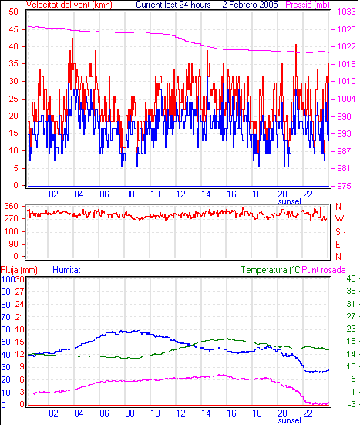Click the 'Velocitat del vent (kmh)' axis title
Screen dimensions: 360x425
(x=69, y=5)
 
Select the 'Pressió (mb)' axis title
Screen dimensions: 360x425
(x=308, y=5)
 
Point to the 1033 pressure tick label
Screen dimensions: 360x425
(x=346, y=12)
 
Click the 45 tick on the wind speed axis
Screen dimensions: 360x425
(x=13, y=29)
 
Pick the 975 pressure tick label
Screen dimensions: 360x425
(x=344, y=186)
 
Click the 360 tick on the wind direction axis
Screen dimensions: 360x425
(x=12, y=206)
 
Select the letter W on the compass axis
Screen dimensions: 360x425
(x=339, y=219)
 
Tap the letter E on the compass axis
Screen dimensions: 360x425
(x=338, y=245)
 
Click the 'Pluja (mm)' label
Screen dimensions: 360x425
(x=19, y=270)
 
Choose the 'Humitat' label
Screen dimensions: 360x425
(x=66, y=270)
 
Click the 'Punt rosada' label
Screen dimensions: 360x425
(x=324, y=270)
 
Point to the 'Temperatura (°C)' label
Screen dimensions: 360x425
(x=271, y=270)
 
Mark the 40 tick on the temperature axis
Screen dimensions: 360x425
(x=351, y=278)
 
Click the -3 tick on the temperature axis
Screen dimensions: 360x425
(x=352, y=404)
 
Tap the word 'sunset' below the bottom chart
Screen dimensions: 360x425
(x=290, y=420)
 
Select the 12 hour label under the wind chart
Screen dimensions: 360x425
(x=180, y=194)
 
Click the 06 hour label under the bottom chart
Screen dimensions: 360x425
(x=104, y=413)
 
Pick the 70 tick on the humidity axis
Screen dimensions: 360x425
(x=5, y=316)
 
